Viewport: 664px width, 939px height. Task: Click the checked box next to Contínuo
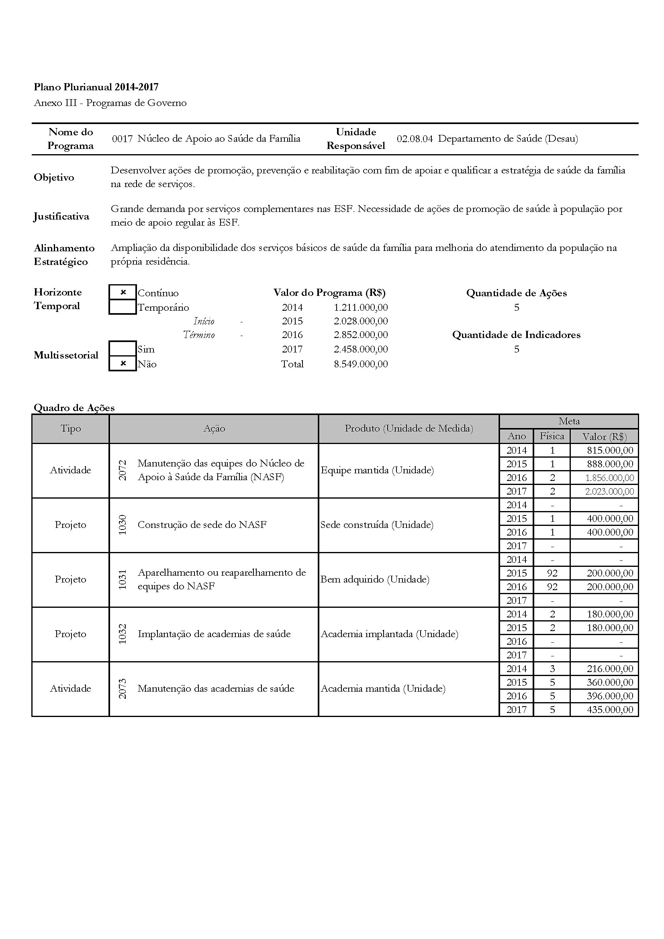tap(123, 292)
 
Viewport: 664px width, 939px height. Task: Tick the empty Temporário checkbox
tap(123, 307)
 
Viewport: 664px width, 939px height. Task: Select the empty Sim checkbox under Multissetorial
tap(123, 348)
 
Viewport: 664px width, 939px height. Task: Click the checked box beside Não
tap(123, 363)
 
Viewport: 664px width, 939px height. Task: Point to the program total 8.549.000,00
tap(360, 364)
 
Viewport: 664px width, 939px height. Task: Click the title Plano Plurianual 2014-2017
tap(96, 87)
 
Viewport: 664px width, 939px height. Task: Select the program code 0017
tap(123, 139)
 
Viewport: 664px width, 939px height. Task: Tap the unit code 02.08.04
tap(415, 139)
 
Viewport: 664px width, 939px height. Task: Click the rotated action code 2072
tap(123, 470)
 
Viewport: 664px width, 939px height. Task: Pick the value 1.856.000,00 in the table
tap(609, 478)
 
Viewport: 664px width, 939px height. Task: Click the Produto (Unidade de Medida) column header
tap(409, 428)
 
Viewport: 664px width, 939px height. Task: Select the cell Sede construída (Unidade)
tap(377, 525)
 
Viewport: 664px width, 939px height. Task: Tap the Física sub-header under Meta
tap(552, 436)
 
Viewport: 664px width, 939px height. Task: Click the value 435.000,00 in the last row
tap(610, 709)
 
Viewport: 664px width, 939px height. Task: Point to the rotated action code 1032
tap(123, 634)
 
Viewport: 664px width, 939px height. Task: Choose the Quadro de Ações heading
tap(74, 407)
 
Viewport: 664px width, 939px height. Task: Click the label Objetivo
tap(54, 177)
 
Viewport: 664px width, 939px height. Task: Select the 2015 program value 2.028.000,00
tap(360, 321)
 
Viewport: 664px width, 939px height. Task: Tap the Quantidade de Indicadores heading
tap(516, 334)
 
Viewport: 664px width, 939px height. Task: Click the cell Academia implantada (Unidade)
tap(389, 634)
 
